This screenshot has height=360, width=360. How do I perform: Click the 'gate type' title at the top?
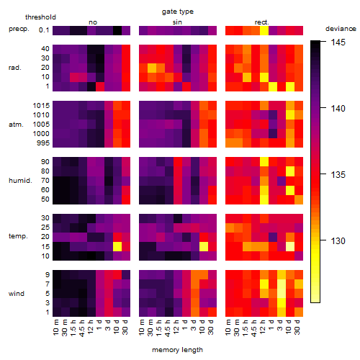(x=178, y=12)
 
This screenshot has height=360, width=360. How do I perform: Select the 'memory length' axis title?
(x=177, y=350)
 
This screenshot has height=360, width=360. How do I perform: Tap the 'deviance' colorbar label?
(x=341, y=29)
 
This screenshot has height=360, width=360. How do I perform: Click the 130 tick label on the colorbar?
(x=338, y=240)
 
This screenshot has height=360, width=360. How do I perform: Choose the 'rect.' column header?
(x=262, y=22)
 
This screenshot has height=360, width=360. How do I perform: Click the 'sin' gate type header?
(x=177, y=22)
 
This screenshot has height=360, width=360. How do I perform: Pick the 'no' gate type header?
(x=93, y=22)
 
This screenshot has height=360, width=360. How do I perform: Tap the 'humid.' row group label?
(x=20, y=181)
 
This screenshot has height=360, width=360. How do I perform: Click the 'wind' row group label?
(x=17, y=294)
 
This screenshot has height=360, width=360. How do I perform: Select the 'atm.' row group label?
(x=16, y=125)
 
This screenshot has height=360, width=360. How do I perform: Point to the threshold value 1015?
(x=41, y=106)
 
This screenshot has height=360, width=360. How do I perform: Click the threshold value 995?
(x=43, y=143)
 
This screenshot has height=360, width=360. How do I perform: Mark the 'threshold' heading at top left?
(x=40, y=17)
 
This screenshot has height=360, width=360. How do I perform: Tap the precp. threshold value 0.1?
(x=44, y=30)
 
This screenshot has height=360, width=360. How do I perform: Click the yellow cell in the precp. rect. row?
(x=264, y=30)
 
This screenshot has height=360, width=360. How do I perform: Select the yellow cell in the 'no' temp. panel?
(x=117, y=246)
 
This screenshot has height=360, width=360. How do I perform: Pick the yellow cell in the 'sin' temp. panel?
(x=204, y=246)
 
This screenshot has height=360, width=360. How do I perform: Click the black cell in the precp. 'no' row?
(x=117, y=30)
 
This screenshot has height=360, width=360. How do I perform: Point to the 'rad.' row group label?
(x=15, y=68)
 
